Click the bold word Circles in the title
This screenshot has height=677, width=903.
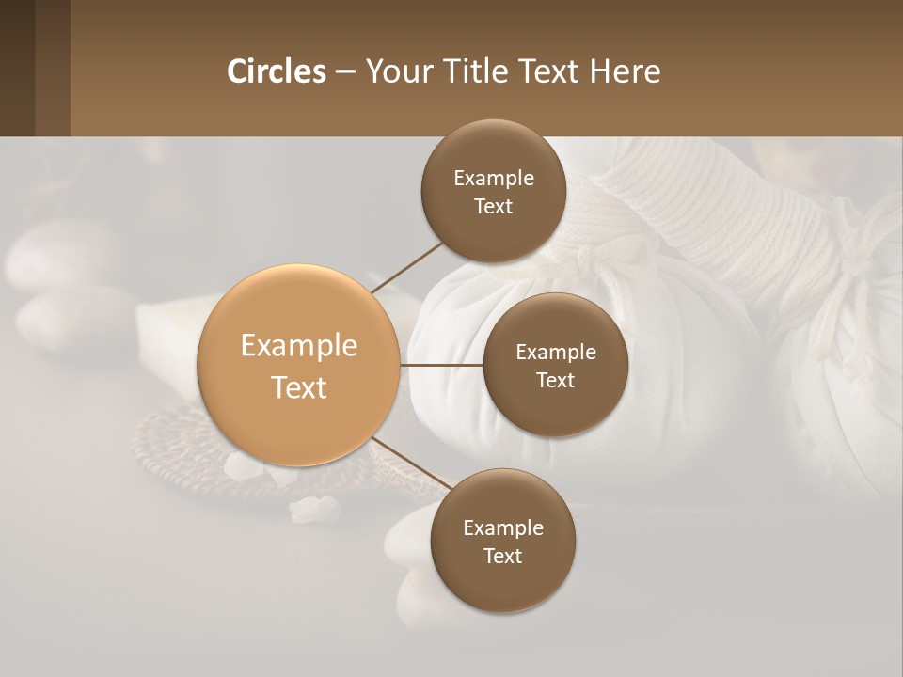pyautogui.click(x=277, y=71)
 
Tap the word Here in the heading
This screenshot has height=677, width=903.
pyautogui.click(x=625, y=71)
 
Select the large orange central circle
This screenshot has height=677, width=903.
pyautogui.click(x=298, y=365)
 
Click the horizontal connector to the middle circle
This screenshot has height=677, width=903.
pyautogui.click(x=441, y=365)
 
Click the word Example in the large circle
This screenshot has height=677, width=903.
pyautogui.click(x=298, y=345)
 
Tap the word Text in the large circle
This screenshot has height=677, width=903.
pyautogui.click(x=298, y=387)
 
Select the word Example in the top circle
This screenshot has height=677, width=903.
pyautogui.click(x=493, y=179)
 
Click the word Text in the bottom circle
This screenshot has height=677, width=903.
pyautogui.click(x=502, y=556)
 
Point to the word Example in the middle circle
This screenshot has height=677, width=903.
pyautogui.click(x=555, y=353)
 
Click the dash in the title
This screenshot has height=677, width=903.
pyautogui.click(x=345, y=71)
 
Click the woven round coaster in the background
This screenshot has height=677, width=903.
pyautogui.click(x=179, y=451)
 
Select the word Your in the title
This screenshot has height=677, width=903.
pyautogui.click(x=395, y=71)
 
